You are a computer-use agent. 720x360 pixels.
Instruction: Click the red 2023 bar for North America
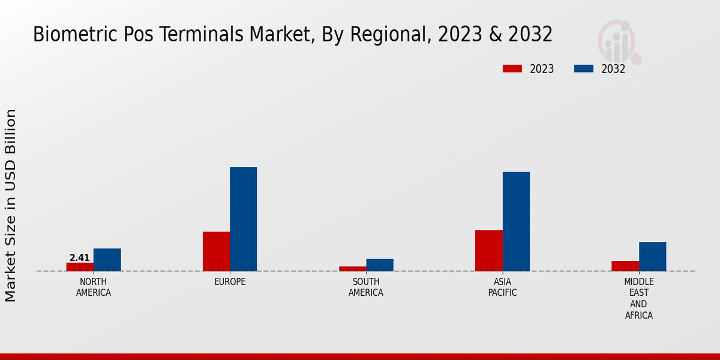point(80,267)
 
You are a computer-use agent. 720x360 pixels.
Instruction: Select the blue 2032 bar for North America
point(107,260)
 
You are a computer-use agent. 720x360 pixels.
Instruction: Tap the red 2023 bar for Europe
point(216,251)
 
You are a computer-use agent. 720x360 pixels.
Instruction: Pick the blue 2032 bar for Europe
point(244,219)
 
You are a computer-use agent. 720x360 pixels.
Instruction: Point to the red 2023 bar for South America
point(352,269)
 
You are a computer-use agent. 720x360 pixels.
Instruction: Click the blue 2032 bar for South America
point(380,265)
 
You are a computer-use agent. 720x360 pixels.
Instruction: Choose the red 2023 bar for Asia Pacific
point(488,251)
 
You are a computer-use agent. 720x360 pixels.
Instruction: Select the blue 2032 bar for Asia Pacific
point(516,221)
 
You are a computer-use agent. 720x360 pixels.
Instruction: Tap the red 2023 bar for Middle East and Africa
point(625,266)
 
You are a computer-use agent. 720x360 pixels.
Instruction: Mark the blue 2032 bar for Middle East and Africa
point(652,256)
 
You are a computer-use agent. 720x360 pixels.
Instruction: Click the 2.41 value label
point(80,258)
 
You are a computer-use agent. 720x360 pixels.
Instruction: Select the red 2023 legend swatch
point(512,69)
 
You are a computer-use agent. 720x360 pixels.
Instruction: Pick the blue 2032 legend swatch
point(583,69)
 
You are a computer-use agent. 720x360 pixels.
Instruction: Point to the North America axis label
point(94,287)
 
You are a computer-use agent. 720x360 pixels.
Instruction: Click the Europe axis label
point(230,282)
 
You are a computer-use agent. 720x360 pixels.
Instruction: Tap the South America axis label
point(366,287)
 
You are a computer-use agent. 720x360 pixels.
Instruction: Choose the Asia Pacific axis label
point(502,287)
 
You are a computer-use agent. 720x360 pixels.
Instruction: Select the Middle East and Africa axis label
point(638,298)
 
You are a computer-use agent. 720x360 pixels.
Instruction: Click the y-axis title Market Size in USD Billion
point(11,205)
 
